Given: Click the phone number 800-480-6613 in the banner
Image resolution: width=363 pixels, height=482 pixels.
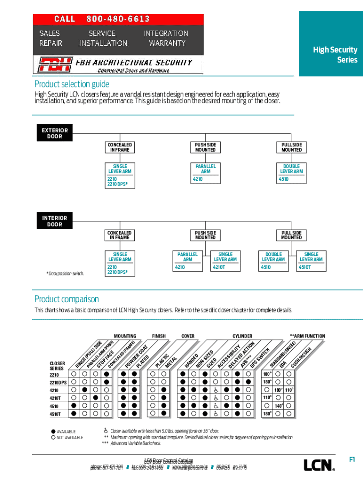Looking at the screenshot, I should [118, 19].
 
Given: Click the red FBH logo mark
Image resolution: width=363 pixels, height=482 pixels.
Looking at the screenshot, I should [55, 64].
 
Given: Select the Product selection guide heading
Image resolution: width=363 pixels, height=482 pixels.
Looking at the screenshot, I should [72, 84].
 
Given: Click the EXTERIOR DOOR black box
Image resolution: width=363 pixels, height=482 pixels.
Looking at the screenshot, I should [55, 133].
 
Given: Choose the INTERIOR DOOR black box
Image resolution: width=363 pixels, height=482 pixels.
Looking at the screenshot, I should [55, 221].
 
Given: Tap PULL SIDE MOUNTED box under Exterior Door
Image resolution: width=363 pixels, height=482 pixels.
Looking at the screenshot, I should [291, 147].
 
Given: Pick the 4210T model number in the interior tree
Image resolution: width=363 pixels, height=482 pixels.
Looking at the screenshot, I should [219, 267].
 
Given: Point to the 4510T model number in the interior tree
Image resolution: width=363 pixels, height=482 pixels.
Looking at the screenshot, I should [305, 267].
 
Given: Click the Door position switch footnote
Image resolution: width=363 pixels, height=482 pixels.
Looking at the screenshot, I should [65, 273].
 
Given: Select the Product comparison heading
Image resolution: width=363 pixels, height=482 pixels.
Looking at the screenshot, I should [66, 299].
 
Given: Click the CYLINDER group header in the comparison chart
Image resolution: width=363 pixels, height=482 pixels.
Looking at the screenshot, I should [242, 336].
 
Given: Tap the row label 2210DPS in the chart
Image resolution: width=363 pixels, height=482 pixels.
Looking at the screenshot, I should [58, 382].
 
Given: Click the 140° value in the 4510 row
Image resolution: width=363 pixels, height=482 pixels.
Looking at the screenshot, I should [278, 406].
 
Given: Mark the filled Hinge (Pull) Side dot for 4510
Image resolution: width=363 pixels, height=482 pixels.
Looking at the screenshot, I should [74, 405].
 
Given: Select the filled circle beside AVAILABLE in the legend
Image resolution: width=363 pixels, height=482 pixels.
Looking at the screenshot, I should [53, 431].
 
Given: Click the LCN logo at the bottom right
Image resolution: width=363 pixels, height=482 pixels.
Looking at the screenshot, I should [319, 465].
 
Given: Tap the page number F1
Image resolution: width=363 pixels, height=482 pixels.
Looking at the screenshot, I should [352, 460].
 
